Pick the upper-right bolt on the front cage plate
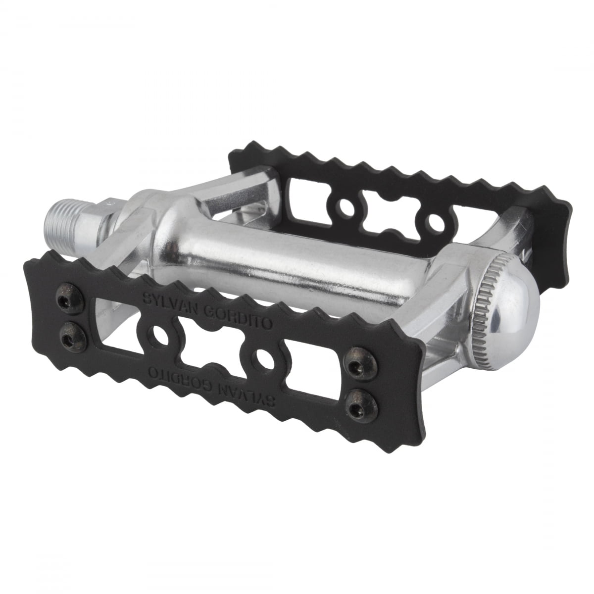tap(354, 365)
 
